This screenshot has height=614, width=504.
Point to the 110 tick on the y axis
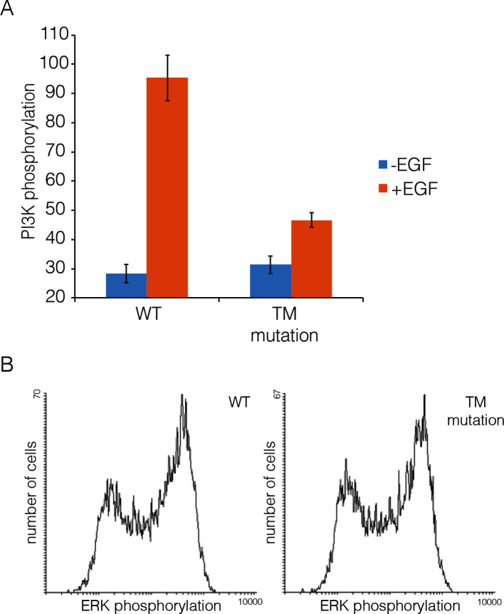tap(57, 35)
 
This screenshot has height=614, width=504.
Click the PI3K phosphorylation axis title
tap(28, 160)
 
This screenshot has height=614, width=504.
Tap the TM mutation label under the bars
tap(290, 326)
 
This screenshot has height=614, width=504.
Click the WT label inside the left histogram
tap(238, 402)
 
